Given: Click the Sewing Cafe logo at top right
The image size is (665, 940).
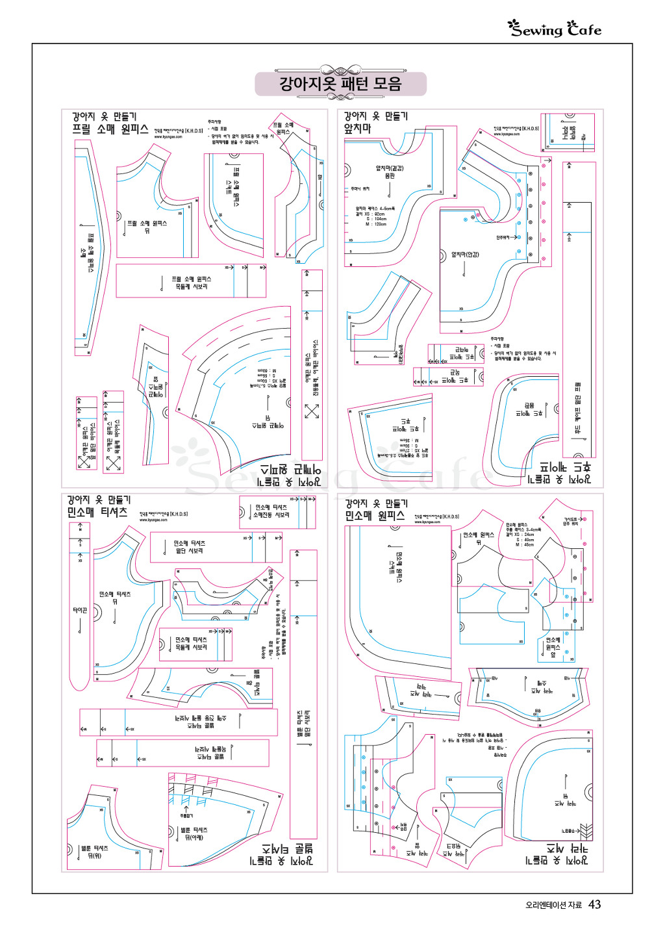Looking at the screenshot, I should pos(555,29).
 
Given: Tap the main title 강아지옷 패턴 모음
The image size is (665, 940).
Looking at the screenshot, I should pos(340,84).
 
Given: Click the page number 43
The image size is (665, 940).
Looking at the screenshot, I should pos(594,904).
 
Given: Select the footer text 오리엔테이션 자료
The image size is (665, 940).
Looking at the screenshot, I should pos(553,905).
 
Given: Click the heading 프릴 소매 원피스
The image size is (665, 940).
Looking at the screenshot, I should pos(110,129).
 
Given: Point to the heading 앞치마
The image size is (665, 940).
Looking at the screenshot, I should pos(358,129).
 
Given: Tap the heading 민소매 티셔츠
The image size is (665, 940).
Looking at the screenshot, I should pos(97,512).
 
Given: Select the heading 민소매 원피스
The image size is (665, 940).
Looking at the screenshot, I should pos(375,516).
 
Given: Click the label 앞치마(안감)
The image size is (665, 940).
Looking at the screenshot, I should pos(465,255).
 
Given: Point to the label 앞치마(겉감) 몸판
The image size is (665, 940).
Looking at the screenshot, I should pos(390,172).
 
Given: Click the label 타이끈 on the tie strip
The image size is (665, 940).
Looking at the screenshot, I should pos(80,610).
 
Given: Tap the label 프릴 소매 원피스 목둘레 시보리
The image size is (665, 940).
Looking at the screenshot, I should pos(191,283).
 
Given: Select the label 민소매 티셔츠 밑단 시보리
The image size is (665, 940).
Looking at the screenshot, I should pos(190,547).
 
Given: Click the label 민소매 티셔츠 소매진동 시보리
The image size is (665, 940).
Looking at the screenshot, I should pos(271,511).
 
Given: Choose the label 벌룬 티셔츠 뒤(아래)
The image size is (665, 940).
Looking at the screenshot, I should pos(194,833).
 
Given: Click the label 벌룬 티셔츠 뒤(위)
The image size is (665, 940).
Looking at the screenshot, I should pos(95,852).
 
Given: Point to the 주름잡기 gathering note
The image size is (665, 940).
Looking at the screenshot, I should pos(186,815).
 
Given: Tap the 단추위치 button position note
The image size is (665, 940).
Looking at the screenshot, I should pos(503,238).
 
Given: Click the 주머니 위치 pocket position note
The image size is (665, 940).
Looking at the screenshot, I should pos(360,189).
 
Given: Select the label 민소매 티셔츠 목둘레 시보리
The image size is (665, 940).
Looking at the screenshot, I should pos(191,643).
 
